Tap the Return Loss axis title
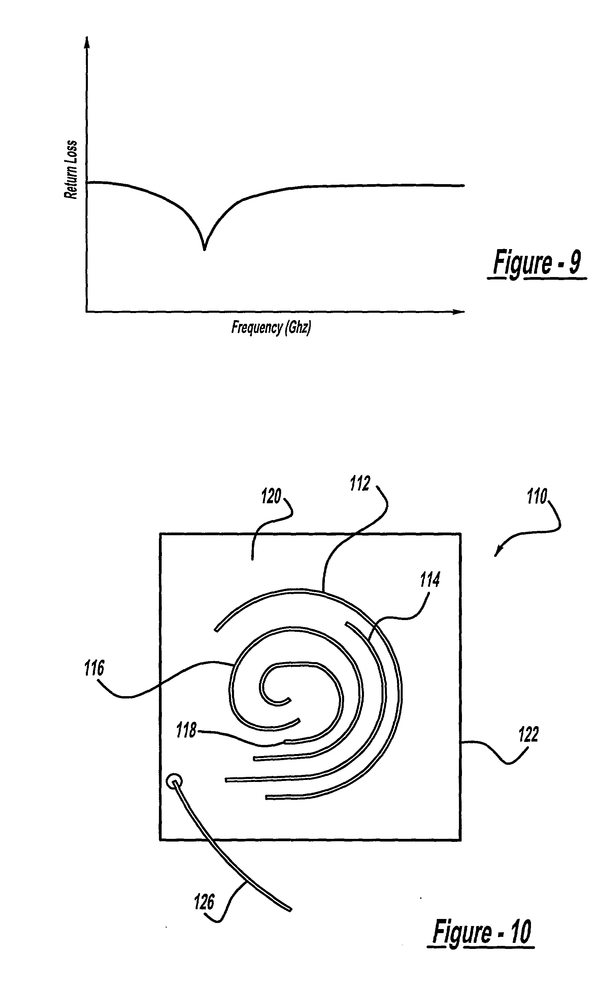tap(71, 170)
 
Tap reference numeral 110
tap(537, 497)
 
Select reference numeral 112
tap(359, 483)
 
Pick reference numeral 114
tap(430, 580)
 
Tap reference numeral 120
tap(271, 496)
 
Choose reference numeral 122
tap(528, 734)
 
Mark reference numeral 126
tap(204, 902)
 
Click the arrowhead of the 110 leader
tap(496, 555)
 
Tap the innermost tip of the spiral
tap(289, 700)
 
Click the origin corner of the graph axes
tap(86, 311)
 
